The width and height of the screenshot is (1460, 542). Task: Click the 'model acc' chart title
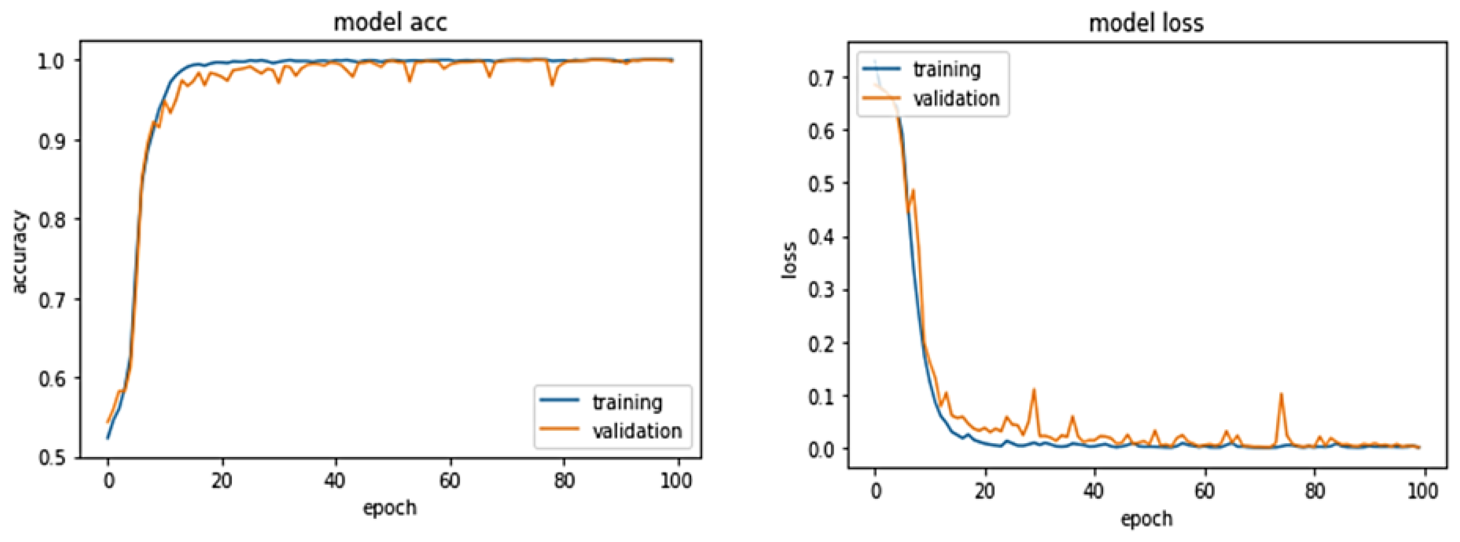(390, 23)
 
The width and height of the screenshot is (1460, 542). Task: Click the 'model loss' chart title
(1146, 23)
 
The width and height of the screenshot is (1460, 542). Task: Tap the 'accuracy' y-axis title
(19, 252)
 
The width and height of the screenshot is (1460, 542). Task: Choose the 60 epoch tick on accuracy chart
(449, 481)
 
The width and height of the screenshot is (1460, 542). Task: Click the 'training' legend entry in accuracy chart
(627, 402)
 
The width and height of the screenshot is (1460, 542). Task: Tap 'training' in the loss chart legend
(947, 69)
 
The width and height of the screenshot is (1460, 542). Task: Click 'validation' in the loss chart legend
(956, 98)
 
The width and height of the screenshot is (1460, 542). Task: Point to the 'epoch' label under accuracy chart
(390, 507)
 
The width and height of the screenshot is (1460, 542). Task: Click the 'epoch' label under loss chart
(1146, 518)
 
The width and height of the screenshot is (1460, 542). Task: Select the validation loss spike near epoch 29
(1034, 390)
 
